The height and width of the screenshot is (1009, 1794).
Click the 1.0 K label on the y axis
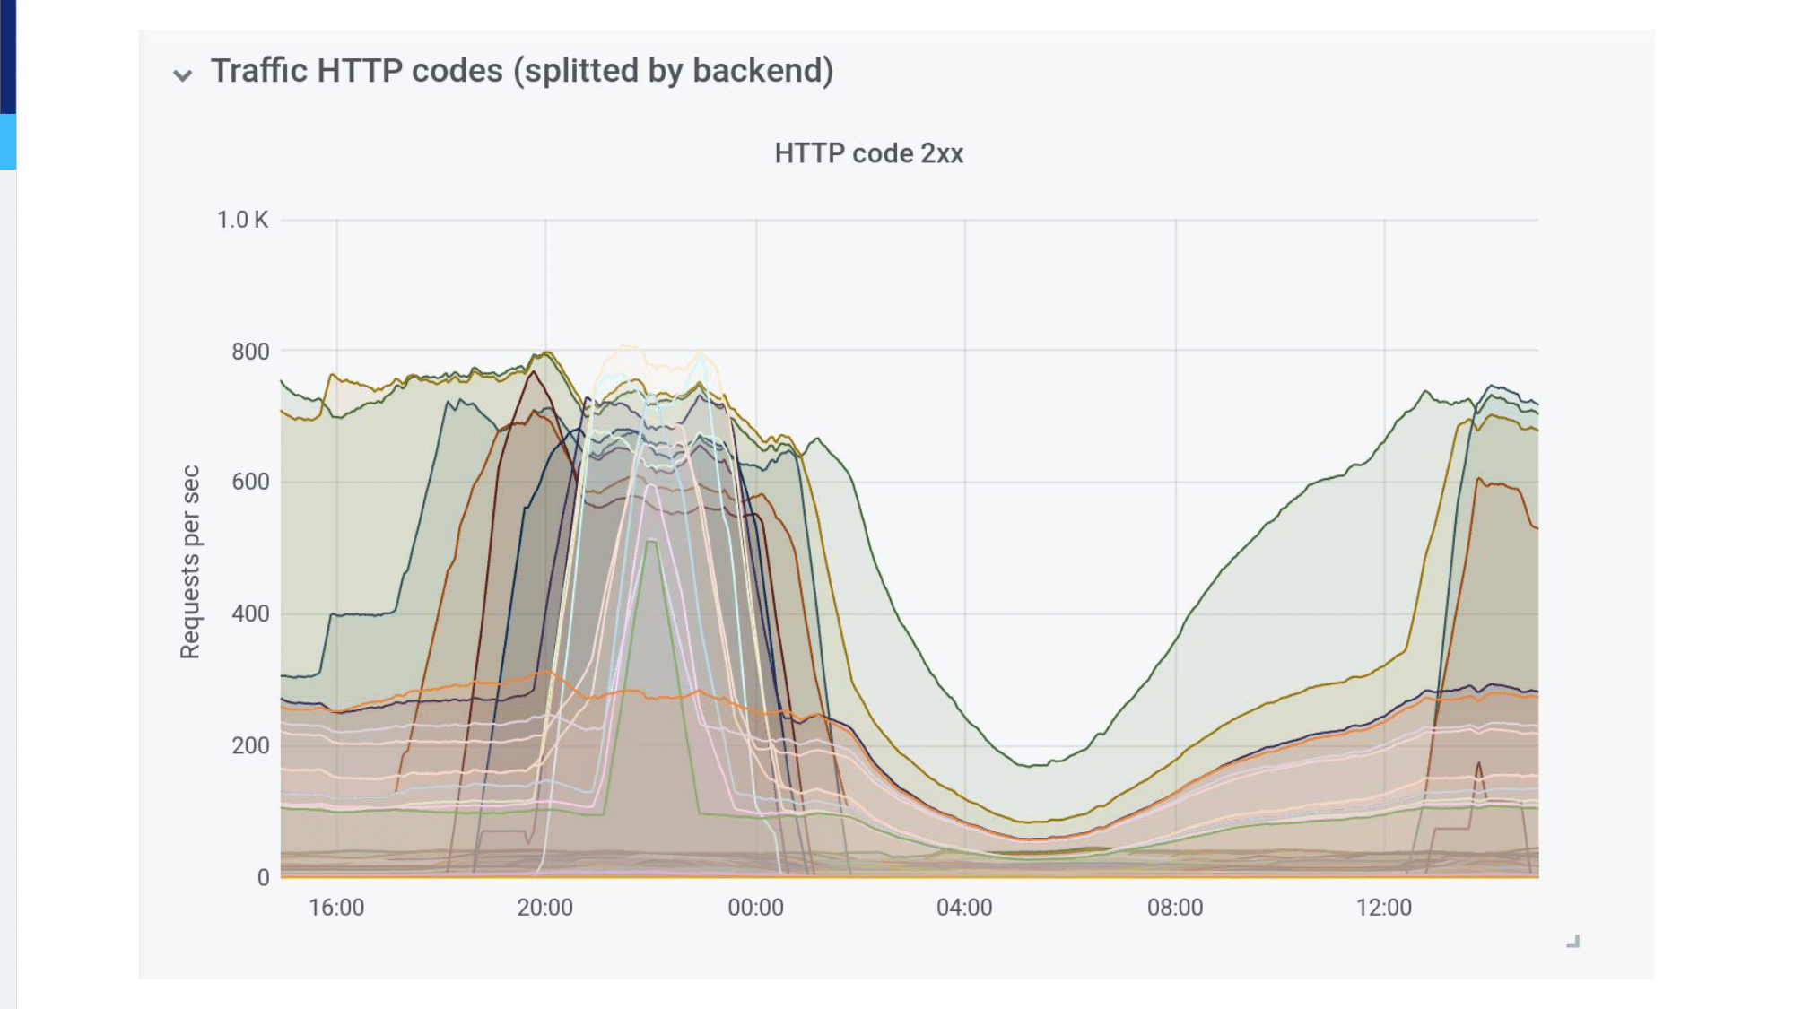coord(242,220)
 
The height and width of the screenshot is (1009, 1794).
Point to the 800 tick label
coord(250,352)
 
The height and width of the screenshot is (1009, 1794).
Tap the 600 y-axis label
coord(250,483)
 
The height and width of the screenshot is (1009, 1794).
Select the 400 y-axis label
coord(250,614)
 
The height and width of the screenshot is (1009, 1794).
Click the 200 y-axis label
coord(250,745)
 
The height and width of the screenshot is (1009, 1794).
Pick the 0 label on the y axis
coord(263,877)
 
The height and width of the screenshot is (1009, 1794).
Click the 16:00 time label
coord(336,908)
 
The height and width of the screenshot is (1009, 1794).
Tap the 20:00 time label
coord(544,908)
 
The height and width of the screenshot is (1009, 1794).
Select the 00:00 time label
coord(755,908)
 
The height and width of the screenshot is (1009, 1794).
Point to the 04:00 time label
coord(964,908)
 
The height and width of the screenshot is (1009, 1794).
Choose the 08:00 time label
coord(1175,908)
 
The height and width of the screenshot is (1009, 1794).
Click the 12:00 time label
coord(1383,908)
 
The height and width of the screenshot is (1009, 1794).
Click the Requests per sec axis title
coord(190,562)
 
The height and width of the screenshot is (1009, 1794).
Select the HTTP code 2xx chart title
coord(869,153)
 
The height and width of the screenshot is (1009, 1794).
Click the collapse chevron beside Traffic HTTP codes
coord(183,75)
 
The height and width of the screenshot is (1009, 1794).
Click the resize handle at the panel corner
coord(1573,941)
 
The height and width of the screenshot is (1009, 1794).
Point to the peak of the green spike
coord(652,541)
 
